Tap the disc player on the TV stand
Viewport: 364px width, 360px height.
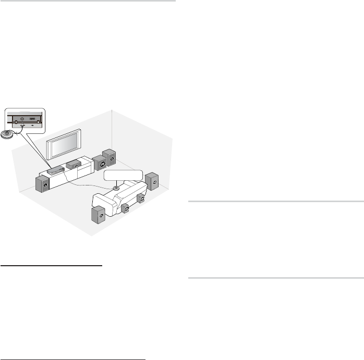(54, 169)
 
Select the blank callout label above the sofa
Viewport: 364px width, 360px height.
(123, 175)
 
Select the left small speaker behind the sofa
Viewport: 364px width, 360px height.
(126, 208)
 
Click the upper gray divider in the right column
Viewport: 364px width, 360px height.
(275, 201)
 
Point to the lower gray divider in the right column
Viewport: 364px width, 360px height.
(275, 278)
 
